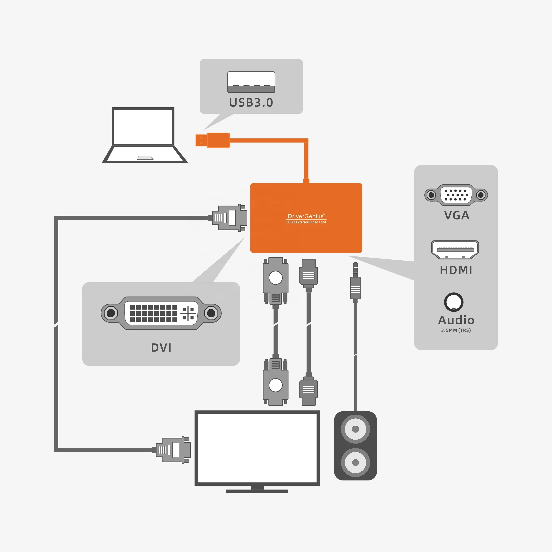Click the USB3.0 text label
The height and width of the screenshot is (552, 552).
(x=251, y=103)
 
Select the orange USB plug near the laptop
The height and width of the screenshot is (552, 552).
(x=213, y=140)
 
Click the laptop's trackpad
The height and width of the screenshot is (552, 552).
(x=145, y=158)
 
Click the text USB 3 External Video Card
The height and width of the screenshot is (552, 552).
(x=306, y=222)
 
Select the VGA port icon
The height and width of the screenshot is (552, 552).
(x=456, y=195)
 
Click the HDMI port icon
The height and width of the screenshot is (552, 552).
(x=455, y=250)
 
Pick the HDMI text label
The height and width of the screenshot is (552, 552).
(x=456, y=270)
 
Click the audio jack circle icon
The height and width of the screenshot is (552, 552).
(x=454, y=302)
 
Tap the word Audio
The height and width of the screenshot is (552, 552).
(x=456, y=320)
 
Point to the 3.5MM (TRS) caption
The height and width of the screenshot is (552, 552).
(x=456, y=330)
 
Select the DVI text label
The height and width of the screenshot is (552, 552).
(x=161, y=348)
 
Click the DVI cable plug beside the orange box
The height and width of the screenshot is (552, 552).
(x=229, y=218)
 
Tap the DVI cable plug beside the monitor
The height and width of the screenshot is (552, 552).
(x=173, y=450)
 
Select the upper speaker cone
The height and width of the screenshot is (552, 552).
(x=355, y=429)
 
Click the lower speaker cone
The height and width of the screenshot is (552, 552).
(x=355, y=462)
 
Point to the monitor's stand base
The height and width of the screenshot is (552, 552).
(x=257, y=491)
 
